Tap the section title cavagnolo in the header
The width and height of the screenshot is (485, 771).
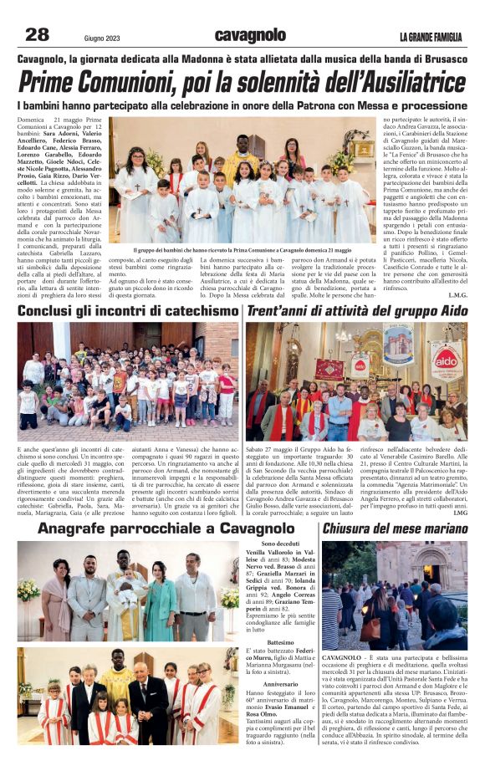pyautogui.click(x=250, y=35)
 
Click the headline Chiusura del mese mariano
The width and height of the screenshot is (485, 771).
pyautogui.click(x=395, y=529)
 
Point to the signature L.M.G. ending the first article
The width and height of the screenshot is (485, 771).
pyautogui.click(x=457, y=295)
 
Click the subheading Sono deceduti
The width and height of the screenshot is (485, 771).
pyautogui.click(x=272, y=544)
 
